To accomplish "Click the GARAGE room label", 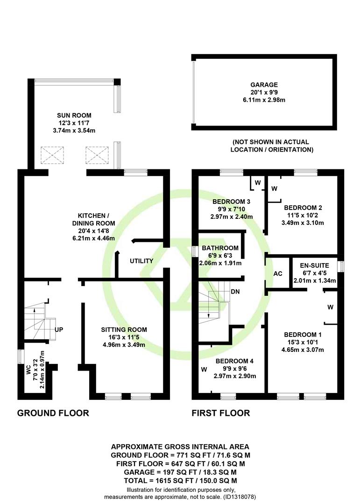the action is [x=264, y=85].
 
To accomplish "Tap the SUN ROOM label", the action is [x=74, y=115].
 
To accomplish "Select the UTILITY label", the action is [x=141, y=261].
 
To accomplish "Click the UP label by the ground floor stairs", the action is [x=59, y=329].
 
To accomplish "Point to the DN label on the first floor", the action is [x=235, y=292].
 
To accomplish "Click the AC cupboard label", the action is [x=278, y=273].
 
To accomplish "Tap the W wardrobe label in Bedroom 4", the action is [x=204, y=370].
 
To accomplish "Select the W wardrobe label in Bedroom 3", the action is [x=258, y=183].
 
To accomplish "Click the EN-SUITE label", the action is [x=314, y=266].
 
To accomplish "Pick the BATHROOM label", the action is [x=220, y=248].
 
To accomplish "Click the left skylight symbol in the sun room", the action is [x=52, y=155].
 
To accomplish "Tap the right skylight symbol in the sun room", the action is [x=97, y=155].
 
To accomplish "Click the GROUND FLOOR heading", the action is [x=53, y=413].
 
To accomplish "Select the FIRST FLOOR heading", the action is [x=221, y=413].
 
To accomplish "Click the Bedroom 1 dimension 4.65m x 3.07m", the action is [x=303, y=350].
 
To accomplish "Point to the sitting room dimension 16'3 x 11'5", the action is [x=124, y=337].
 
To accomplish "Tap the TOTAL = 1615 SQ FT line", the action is [x=180, y=481].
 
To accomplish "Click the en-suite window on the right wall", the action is [x=342, y=266].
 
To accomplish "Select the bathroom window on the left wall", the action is [x=194, y=252].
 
